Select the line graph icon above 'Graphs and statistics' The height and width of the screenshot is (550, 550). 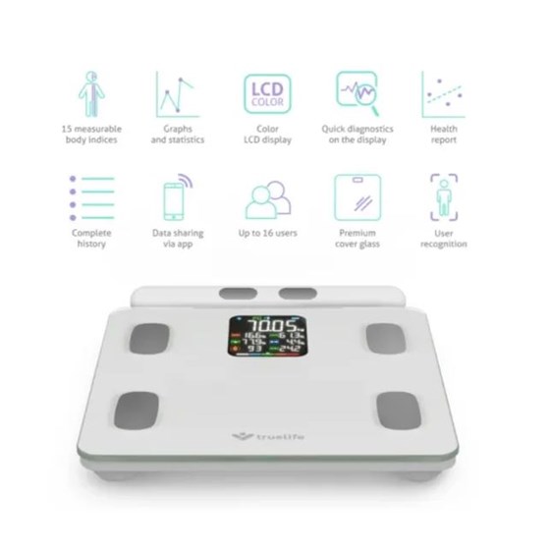point(177,94)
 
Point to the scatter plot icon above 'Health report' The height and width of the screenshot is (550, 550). point(443,94)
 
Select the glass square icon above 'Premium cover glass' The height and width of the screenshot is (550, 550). point(357,198)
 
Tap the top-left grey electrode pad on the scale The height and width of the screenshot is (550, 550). point(158,337)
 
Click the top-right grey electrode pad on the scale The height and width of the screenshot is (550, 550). point(384,338)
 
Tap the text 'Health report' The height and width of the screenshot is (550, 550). point(443,135)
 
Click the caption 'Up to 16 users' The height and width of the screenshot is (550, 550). point(266,233)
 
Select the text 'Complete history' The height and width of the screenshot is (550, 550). point(92,239)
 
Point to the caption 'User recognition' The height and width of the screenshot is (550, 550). point(443,239)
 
